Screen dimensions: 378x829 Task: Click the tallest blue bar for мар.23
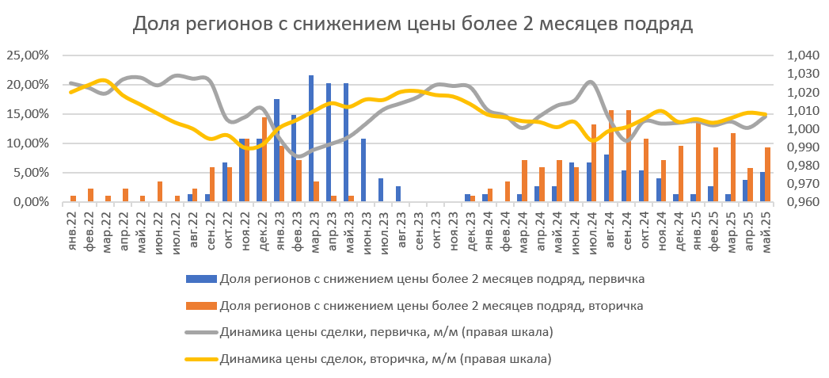(311, 139)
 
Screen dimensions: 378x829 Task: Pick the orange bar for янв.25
(698, 162)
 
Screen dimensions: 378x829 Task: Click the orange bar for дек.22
(264, 159)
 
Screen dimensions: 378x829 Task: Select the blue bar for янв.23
(276, 151)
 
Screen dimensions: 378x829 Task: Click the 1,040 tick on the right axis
(800, 55)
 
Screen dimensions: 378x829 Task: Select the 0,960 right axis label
(800, 202)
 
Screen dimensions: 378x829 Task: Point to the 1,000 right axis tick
(800, 129)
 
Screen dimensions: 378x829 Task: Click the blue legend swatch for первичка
(200, 278)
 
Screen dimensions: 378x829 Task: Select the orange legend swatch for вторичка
(200, 305)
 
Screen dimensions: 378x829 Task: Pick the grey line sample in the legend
(200, 332)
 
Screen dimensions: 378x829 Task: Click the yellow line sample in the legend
(200, 359)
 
